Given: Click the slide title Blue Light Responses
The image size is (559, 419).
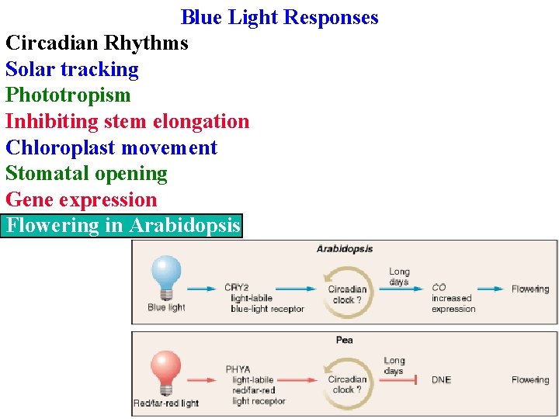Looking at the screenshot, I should click(x=279, y=17).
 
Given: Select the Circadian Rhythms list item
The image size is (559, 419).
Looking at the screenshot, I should click(x=97, y=43).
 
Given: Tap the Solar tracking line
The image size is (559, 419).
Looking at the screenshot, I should click(x=72, y=69).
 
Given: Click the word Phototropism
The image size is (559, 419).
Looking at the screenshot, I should click(x=68, y=95).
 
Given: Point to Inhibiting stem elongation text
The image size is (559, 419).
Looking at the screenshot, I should click(x=127, y=122).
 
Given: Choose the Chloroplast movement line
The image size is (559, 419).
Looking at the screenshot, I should click(x=111, y=147).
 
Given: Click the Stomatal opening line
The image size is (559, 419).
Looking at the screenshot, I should click(x=86, y=174).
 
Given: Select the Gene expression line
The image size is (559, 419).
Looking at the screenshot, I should click(x=82, y=200).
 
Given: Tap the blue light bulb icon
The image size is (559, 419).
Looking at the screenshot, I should click(x=166, y=276).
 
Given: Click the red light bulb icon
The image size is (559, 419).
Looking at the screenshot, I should click(x=166, y=370).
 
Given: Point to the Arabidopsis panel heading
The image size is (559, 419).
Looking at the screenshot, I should click(x=344, y=249).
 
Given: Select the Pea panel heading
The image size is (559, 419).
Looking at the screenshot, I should click(x=344, y=340).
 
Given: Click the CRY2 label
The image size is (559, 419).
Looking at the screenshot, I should click(x=236, y=288).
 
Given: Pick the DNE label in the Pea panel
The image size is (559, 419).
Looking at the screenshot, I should click(x=441, y=380).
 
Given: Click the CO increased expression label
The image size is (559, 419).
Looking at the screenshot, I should click(x=453, y=298).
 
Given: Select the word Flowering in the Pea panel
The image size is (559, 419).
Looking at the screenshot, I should click(x=529, y=380).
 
